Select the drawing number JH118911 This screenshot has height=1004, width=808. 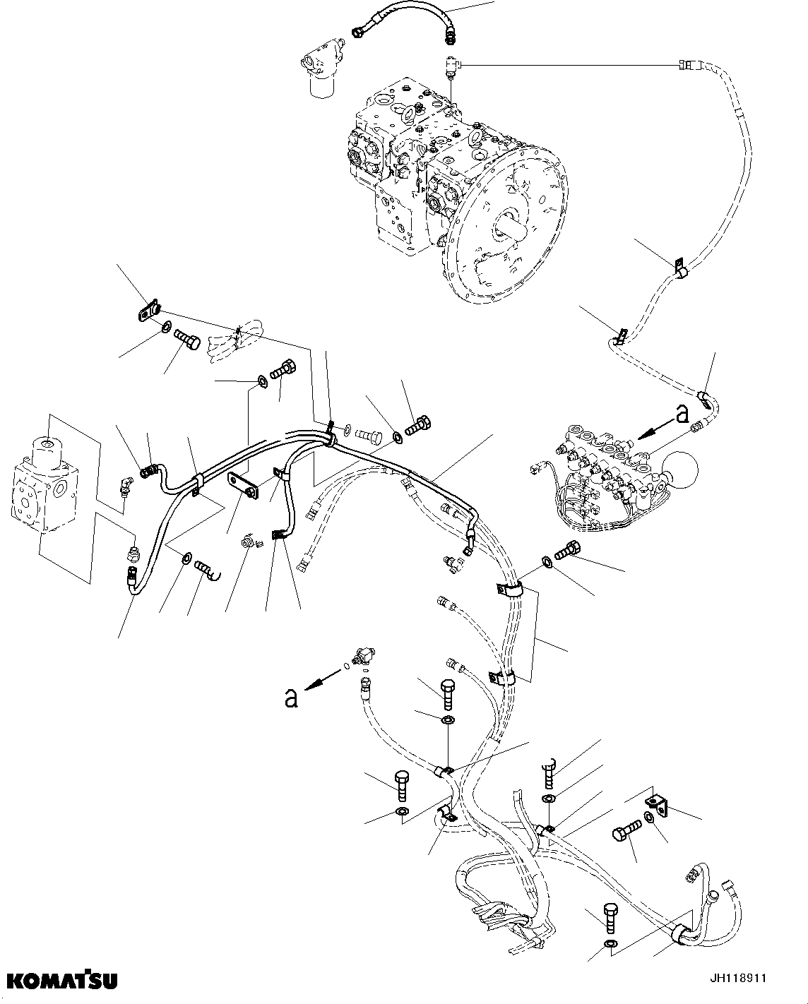[737, 979]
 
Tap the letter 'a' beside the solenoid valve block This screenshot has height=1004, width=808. [682, 414]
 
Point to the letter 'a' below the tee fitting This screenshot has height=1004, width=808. [290, 698]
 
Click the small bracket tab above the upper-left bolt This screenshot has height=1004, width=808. [148, 310]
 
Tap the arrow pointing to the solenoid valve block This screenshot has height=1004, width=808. [654, 428]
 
